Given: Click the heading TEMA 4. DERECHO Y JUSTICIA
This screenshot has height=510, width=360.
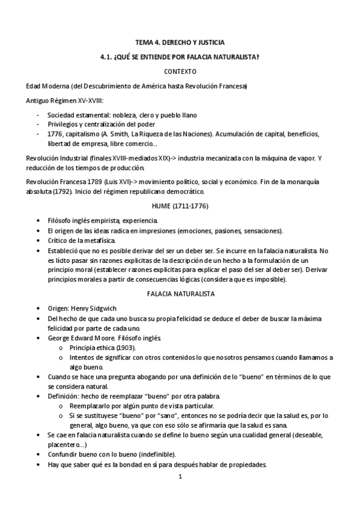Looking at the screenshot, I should click(x=180, y=42).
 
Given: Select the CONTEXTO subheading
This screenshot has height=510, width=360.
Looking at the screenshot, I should click(x=180, y=71).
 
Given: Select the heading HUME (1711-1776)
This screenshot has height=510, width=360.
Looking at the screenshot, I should click(x=180, y=206).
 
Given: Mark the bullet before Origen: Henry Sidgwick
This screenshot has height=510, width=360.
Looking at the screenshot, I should click(x=39, y=308).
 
